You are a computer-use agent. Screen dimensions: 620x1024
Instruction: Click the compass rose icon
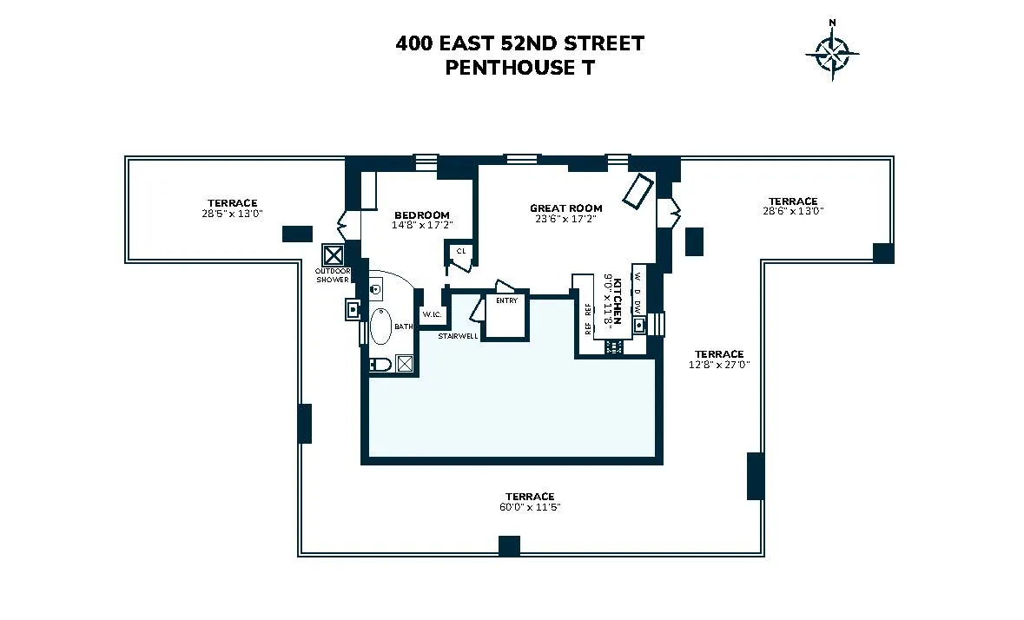click(833, 53)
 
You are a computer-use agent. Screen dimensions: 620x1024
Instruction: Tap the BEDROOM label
click(422, 215)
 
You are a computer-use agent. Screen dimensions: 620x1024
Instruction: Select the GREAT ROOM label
click(565, 208)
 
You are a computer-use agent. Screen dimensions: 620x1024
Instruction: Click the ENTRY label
click(506, 301)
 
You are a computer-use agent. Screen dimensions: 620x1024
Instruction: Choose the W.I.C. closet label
click(432, 313)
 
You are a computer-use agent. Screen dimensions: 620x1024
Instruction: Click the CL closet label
click(461, 251)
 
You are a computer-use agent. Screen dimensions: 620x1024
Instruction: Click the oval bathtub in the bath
click(381, 327)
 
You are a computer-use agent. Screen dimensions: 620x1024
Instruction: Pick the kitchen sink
click(639, 325)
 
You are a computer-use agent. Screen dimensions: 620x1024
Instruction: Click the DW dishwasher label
click(638, 307)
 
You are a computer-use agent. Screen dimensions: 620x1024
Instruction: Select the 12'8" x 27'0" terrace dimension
click(718, 365)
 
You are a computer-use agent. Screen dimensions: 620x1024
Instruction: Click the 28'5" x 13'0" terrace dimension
click(232, 213)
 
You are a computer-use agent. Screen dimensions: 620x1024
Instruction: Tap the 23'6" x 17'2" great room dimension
click(565, 220)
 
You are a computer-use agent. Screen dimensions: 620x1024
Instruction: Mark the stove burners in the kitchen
click(615, 346)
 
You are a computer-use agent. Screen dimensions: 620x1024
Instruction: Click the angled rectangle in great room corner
click(639, 191)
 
